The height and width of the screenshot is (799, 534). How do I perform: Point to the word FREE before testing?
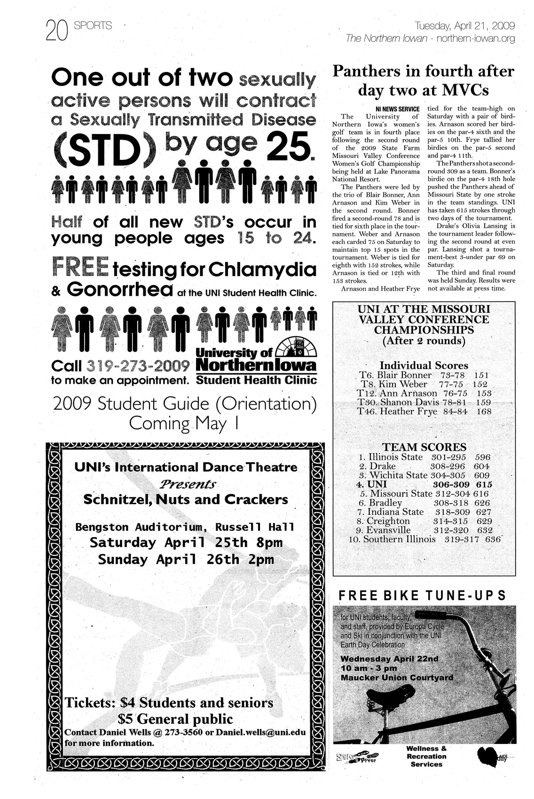click(81, 268)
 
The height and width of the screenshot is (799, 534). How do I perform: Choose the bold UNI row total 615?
click(483, 484)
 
